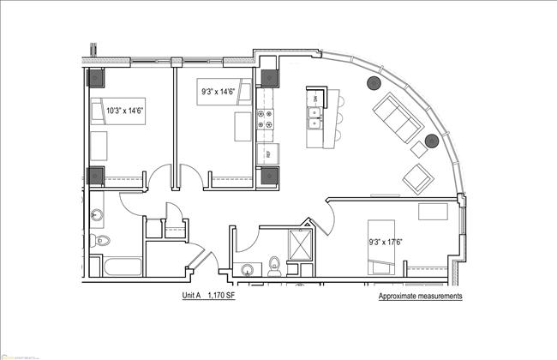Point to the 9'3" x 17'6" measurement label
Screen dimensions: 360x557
click(386, 241)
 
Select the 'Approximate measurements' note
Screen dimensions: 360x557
click(420, 296)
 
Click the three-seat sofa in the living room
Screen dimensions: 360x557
click(398, 119)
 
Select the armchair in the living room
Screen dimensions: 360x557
click(417, 177)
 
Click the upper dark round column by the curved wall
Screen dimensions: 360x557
click(374, 83)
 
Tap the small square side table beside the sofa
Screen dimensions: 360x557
click(420, 147)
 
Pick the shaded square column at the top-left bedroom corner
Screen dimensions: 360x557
click(96, 77)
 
